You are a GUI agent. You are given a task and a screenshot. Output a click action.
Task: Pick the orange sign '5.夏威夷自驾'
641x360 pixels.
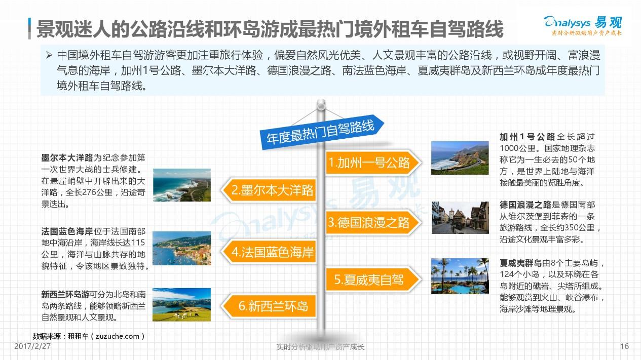[370, 279]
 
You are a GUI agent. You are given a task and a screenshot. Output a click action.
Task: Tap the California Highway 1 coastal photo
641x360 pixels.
[460, 158]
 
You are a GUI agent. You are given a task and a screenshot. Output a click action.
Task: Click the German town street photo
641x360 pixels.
[460, 217]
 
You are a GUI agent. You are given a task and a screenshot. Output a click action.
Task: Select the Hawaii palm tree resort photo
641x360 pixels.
[460, 276]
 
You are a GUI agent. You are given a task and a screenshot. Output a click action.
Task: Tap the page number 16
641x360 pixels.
[624, 346]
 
